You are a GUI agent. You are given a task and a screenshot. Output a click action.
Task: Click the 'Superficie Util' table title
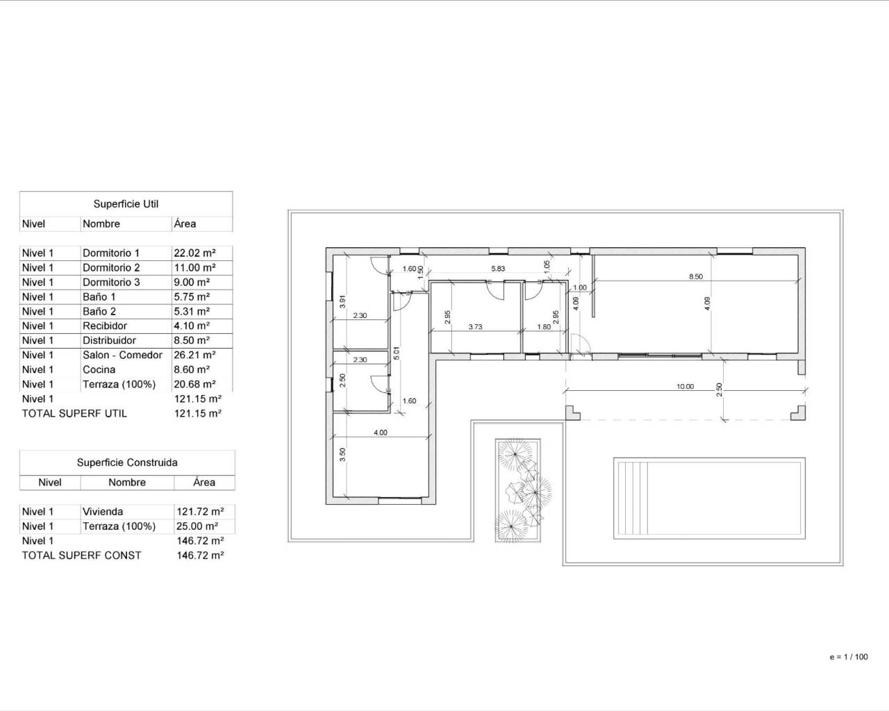pyautogui.click(x=126, y=204)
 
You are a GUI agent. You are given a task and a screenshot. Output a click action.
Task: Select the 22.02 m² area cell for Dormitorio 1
pyautogui.click(x=194, y=253)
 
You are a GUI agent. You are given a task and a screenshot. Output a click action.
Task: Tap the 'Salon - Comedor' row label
pyautogui.click(x=122, y=355)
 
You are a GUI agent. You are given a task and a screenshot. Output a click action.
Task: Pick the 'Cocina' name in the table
pyautogui.click(x=99, y=369)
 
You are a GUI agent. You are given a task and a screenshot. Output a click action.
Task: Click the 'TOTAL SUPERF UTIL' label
pyautogui.click(x=74, y=413)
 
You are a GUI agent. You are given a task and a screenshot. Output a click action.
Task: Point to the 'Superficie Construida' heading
pyautogui.click(x=127, y=462)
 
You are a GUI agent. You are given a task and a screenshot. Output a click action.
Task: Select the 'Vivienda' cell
pyautogui.click(x=103, y=512)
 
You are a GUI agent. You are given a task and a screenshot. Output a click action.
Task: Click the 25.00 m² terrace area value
pyautogui.click(x=197, y=526)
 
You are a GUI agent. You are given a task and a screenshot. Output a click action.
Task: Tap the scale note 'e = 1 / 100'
pyautogui.click(x=848, y=657)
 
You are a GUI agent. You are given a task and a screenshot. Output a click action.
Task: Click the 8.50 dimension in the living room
pyautogui.click(x=695, y=276)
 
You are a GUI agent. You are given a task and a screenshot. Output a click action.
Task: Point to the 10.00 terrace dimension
pyautogui.click(x=685, y=386)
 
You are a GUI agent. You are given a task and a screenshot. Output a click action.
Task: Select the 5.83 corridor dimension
pyautogui.click(x=498, y=269)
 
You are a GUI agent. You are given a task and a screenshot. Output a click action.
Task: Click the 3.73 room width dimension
pyautogui.click(x=475, y=326)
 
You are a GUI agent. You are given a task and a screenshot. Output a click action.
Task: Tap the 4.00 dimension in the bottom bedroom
pyautogui.click(x=381, y=433)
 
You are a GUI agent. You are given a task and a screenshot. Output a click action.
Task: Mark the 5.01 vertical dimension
pyautogui.click(x=397, y=351)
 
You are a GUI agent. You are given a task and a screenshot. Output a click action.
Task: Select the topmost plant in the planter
pyautogui.click(x=515, y=455)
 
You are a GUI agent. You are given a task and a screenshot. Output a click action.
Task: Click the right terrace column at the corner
pyautogui.click(x=799, y=414)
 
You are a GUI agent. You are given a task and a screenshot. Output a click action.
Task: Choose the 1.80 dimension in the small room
pyautogui.click(x=544, y=326)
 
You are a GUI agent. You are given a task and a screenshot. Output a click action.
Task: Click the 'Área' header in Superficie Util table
pyautogui.click(x=185, y=224)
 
